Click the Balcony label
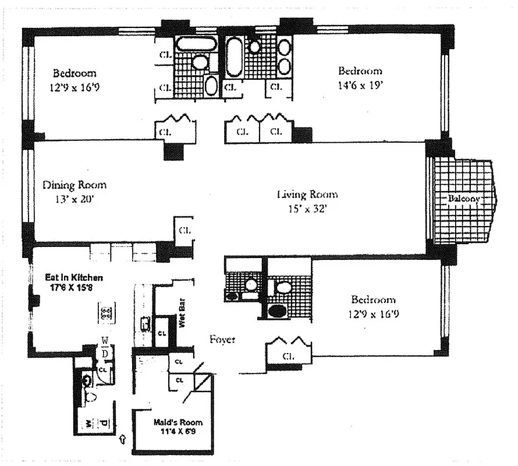464,199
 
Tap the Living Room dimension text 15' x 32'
307,209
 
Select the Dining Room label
74,185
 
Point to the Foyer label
222,339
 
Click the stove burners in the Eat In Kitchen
107,315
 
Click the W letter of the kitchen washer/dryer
105,341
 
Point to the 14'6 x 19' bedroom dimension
360,86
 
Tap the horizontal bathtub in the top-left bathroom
196,44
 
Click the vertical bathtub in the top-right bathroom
233,57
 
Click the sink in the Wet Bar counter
145,323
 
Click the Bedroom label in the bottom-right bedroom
373,300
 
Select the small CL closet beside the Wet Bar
162,334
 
